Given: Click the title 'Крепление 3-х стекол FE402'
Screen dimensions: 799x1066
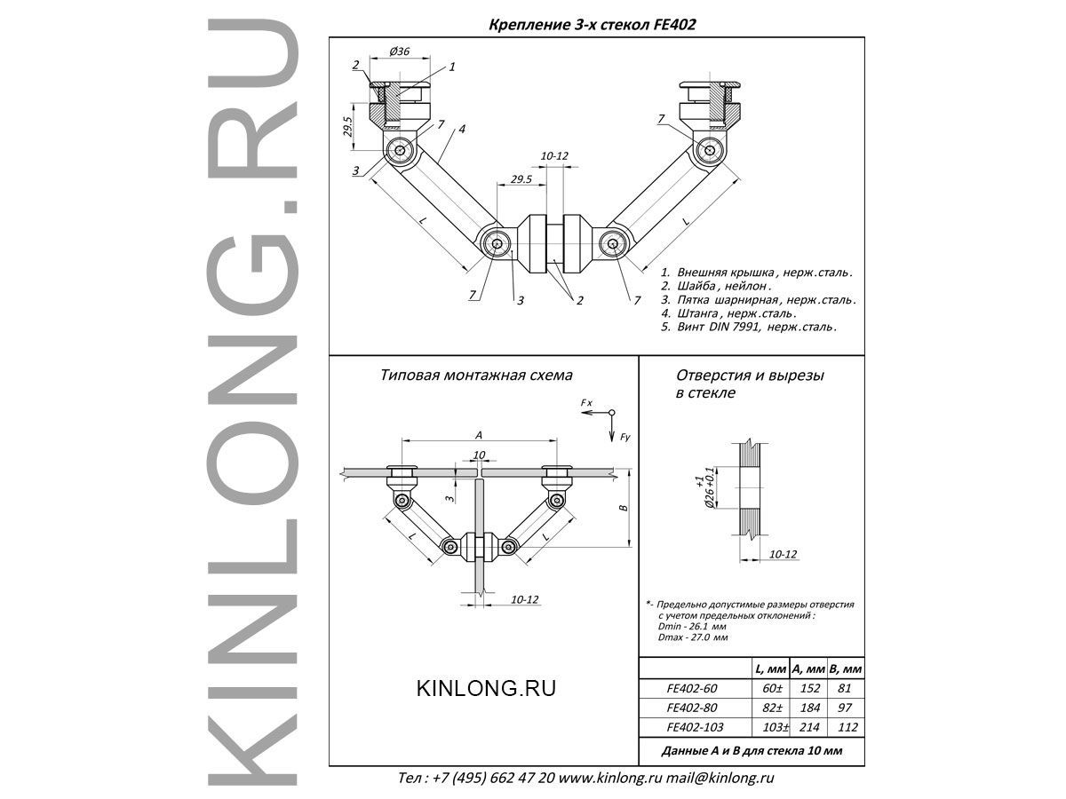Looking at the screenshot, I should coord(593,25).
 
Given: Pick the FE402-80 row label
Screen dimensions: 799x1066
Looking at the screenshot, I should coord(691,708).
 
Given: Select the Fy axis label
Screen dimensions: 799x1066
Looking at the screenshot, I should coord(626,436).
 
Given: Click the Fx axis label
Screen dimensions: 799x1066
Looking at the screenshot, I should coord(586,404).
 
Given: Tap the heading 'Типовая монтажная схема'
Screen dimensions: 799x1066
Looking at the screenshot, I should coord(476,376).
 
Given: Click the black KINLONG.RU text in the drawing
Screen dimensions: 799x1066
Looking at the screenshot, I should coord(486,688).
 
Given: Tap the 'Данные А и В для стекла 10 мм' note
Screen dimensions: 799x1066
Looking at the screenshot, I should coord(752,751).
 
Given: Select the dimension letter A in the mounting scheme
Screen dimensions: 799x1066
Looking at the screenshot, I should coord(480,434).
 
